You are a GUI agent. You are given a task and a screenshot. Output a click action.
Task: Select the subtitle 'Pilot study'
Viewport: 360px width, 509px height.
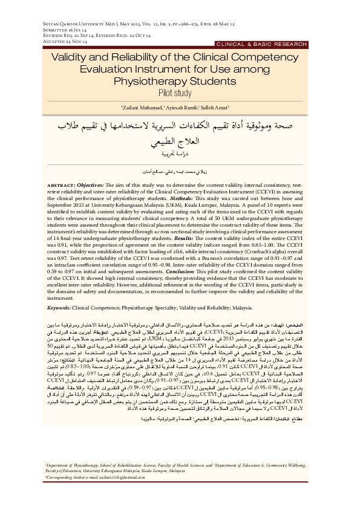click(x=180, y=93)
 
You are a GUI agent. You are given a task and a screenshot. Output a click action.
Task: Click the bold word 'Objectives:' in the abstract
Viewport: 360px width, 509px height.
click(x=93, y=183)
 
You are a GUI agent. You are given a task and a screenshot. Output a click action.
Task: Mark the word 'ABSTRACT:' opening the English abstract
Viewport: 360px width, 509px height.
click(x=60, y=183)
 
